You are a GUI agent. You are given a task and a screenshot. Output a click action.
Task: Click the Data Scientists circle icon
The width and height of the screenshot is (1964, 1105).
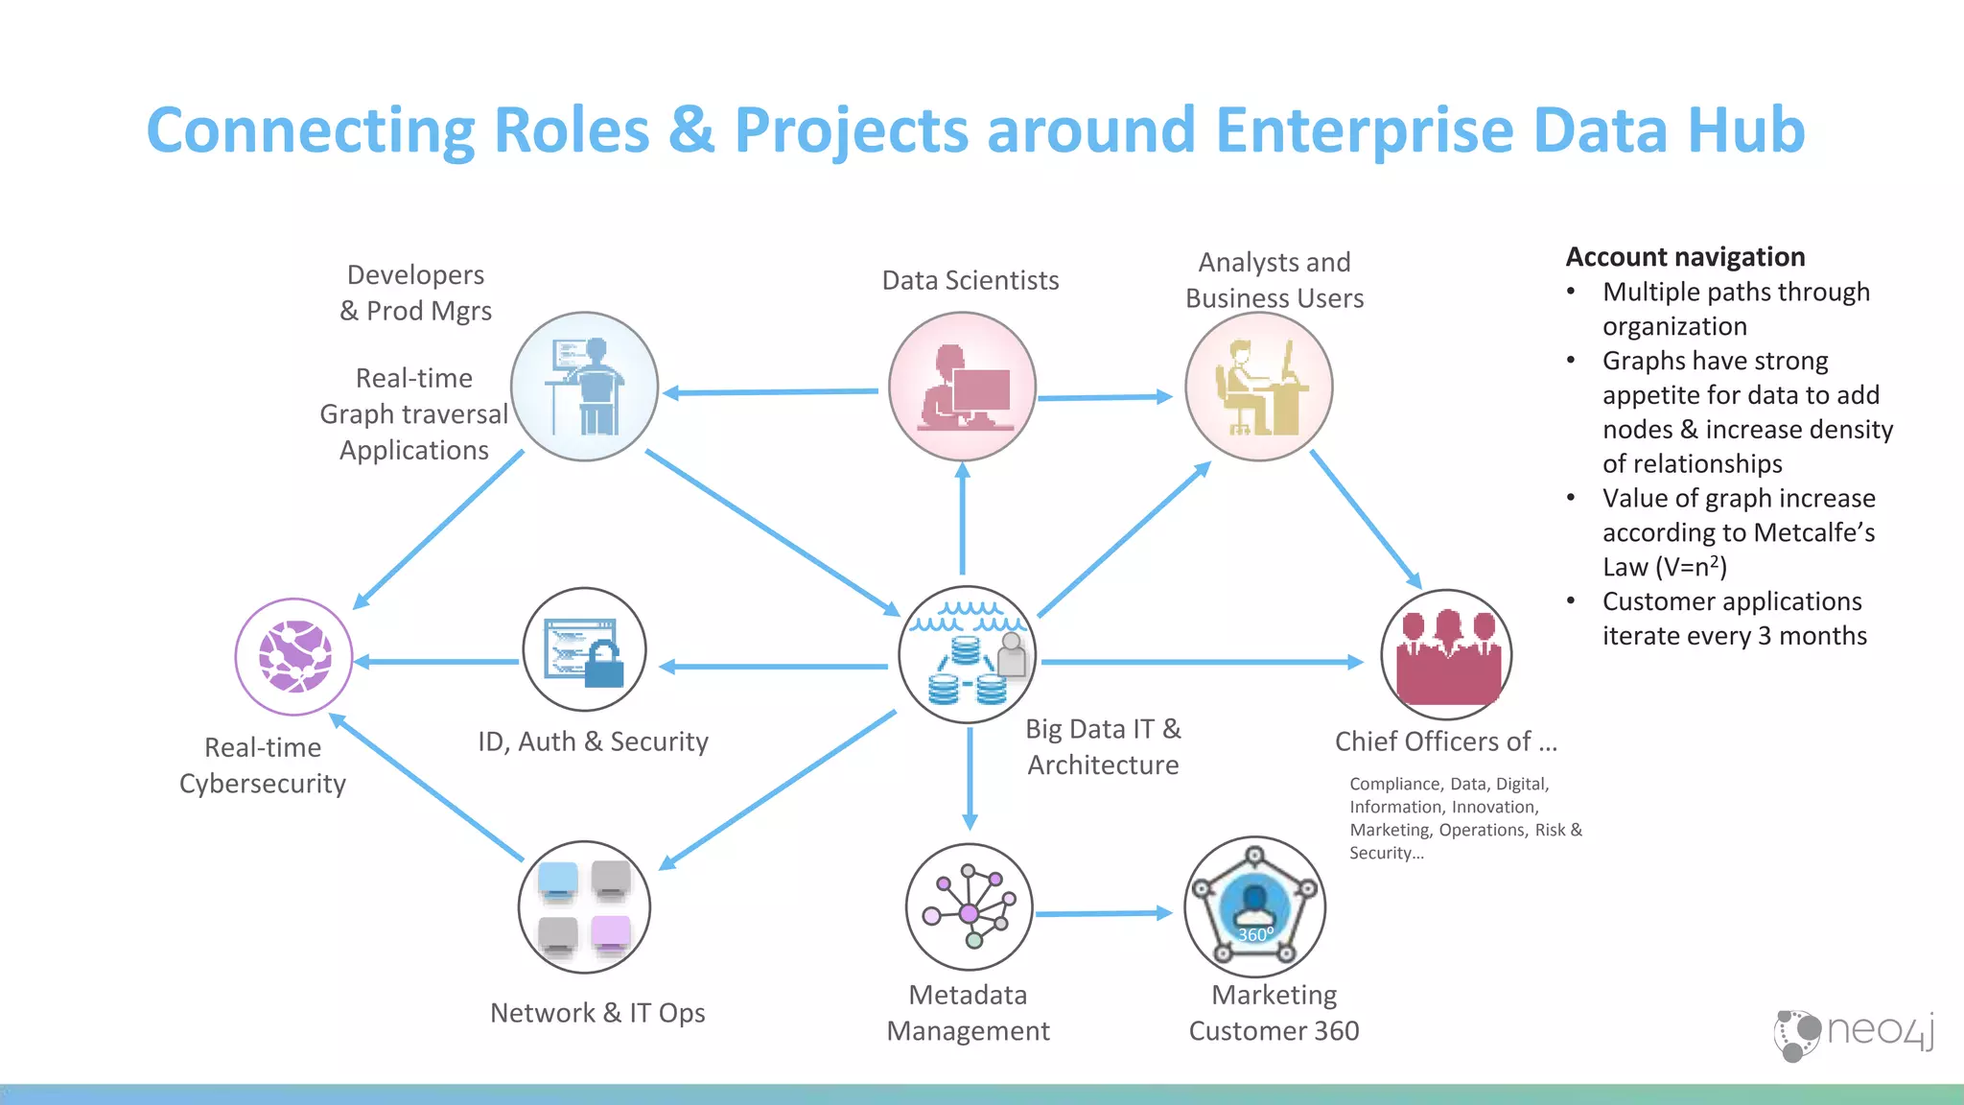pos(962,387)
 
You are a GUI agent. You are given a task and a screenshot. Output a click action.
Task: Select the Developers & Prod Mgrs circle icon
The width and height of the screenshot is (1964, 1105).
pos(584,387)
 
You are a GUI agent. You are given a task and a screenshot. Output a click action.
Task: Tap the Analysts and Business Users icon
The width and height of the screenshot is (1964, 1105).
pos(1258,387)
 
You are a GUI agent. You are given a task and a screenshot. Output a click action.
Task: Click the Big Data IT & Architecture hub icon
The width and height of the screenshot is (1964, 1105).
pos(968,654)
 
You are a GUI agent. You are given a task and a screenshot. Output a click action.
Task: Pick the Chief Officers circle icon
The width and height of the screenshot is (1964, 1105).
pos(1446,655)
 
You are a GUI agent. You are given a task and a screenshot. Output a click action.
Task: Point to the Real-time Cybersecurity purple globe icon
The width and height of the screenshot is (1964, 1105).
pos(294,657)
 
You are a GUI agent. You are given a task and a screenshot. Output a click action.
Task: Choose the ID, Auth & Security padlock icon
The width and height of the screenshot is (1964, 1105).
pos(584,649)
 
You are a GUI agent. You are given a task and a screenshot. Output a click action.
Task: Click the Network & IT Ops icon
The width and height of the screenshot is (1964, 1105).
pos(584,907)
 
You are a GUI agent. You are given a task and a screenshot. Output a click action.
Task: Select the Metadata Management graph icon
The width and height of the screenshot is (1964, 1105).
pos(969,907)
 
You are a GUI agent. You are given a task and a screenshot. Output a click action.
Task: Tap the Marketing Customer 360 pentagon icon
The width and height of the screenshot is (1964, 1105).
pos(1254,907)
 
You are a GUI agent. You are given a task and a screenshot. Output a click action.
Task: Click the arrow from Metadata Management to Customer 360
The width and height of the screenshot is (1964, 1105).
pos(1103,914)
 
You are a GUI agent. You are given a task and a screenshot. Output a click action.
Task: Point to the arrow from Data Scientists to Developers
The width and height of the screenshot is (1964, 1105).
pos(771,392)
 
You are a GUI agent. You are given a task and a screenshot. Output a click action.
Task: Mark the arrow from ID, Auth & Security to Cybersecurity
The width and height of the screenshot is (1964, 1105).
pos(437,662)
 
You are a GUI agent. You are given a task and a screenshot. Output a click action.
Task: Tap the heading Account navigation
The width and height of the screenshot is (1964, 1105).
pos(1685,257)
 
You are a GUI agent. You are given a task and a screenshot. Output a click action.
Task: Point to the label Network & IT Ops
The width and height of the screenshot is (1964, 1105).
pos(597,1013)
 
